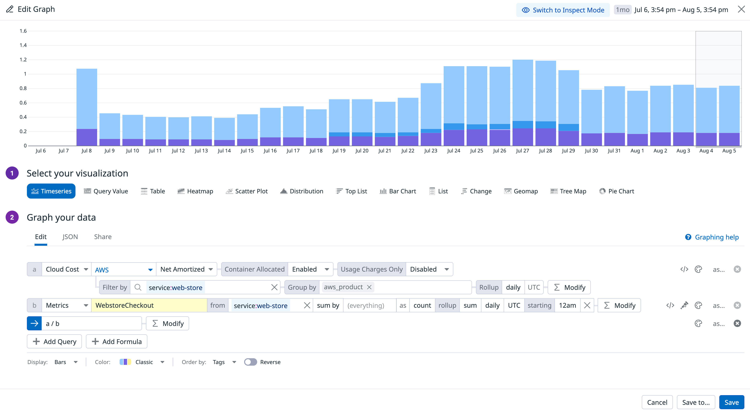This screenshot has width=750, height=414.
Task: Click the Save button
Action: pyautogui.click(x=731, y=402)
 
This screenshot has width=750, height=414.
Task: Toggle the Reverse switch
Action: pyautogui.click(x=250, y=362)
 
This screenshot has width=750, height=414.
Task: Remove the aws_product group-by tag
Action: pyautogui.click(x=369, y=287)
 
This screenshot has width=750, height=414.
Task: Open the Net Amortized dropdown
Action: pyautogui.click(x=186, y=269)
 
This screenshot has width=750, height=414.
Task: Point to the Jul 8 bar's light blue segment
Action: pyautogui.click(x=87, y=99)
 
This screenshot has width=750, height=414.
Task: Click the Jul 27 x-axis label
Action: pyautogui.click(x=522, y=151)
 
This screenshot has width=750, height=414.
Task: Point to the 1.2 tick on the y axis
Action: pyautogui.click(x=23, y=60)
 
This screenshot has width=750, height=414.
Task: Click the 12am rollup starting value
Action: pyautogui.click(x=567, y=305)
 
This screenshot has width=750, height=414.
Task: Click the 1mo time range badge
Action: pyautogui.click(x=623, y=10)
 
